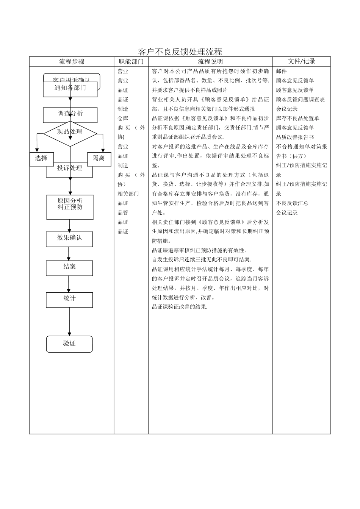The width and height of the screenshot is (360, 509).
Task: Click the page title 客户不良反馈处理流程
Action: pyautogui.click(x=180, y=52)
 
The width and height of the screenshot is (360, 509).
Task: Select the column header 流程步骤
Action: pyautogui.click(x=72, y=61)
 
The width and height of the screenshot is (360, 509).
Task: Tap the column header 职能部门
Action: pyautogui.click(x=131, y=61)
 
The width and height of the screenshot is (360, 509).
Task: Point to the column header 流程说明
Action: pyautogui.click(x=210, y=61)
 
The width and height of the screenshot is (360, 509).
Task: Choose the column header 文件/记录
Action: pyautogui.click(x=301, y=61)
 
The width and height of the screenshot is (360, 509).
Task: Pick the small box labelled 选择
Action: pyautogui.click(x=41, y=159)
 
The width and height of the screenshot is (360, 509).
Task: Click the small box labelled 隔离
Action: pyautogui.click(x=99, y=159)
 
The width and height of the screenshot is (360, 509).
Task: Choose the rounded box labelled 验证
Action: pyautogui.click(x=69, y=344)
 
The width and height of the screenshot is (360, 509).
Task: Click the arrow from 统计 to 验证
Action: pyautogui.click(x=69, y=322)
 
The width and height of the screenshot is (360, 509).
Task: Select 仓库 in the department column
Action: pyautogui.click(x=123, y=119)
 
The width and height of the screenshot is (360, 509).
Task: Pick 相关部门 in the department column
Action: pyautogui.click(x=128, y=194)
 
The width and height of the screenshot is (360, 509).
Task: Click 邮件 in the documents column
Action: pyautogui.click(x=282, y=71)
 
